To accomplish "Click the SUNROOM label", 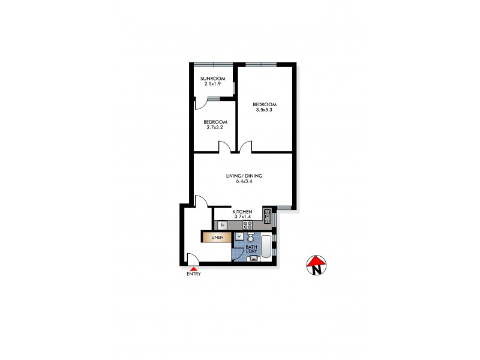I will (x=213, y=79).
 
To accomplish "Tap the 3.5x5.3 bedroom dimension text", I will (x=264, y=110).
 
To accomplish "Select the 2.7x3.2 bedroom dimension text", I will (x=214, y=127).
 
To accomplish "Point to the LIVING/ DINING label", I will (x=244, y=175).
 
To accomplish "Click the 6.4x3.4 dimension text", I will (x=244, y=181).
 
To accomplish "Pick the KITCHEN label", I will (x=242, y=212).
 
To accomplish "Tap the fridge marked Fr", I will (x=223, y=225).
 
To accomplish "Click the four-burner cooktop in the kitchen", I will (x=247, y=225).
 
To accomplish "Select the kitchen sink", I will (x=268, y=216).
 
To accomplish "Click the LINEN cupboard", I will (x=217, y=238).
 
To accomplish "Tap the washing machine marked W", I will (x=239, y=236).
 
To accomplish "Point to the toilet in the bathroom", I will (x=251, y=237).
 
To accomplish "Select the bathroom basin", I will (x=253, y=259).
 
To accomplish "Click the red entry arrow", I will (x=193, y=269).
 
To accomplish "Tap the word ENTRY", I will (x=193, y=275).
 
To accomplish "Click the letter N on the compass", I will (x=316, y=270).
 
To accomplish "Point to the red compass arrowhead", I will (x=316, y=260).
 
